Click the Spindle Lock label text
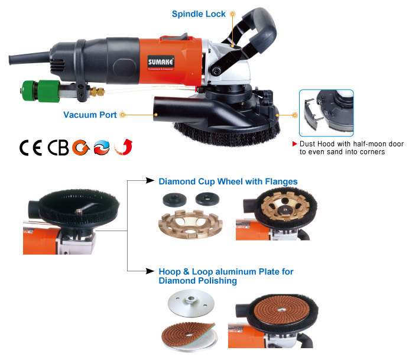pyautogui.click(x=199, y=14)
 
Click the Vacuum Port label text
pyautogui.click(x=90, y=115)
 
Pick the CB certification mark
pyautogui.click(x=57, y=147)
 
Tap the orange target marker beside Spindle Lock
pyautogui.click(x=233, y=14)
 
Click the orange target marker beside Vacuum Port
pyautogui.click(x=123, y=115)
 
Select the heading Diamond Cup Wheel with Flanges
pyautogui.click(x=228, y=181)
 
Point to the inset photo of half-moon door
pyautogui.click(x=326, y=112)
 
